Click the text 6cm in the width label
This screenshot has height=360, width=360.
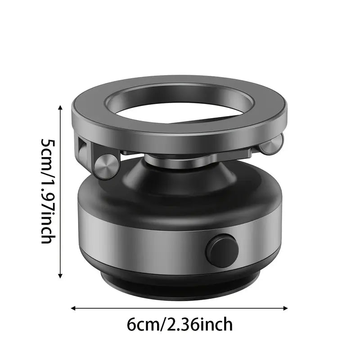tap(144, 324)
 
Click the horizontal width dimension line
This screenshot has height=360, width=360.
tap(180, 308)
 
